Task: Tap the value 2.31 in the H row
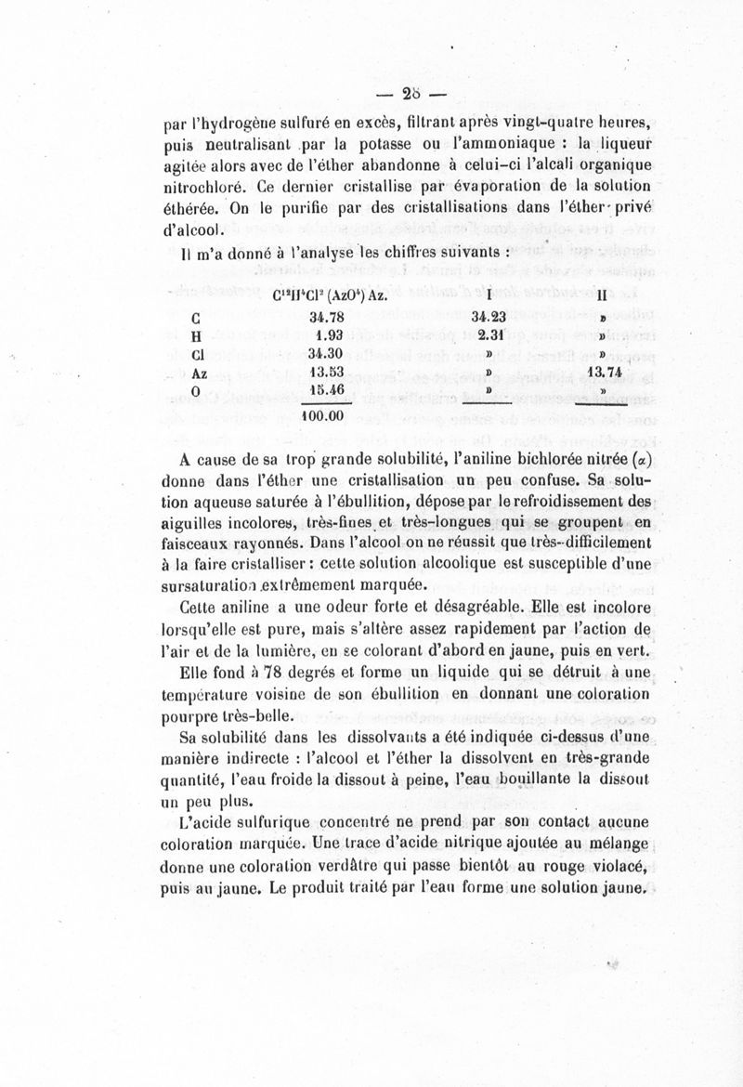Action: click(x=489, y=336)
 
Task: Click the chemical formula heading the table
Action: click(x=336, y=295)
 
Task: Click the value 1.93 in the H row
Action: click(x=326, y=336)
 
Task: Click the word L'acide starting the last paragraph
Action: click(x=205, y=823)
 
